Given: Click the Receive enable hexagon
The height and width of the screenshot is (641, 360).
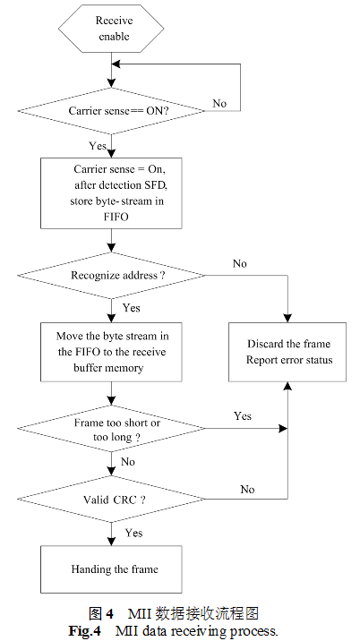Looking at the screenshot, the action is pos(111,29).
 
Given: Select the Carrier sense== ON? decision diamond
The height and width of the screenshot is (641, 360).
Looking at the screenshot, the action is pos(111,111).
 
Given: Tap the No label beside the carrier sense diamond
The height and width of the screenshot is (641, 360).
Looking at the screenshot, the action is pos(219,104).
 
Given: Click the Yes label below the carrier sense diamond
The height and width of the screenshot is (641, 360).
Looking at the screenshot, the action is pos(98,146).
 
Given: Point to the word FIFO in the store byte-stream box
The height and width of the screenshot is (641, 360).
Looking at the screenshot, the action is pos(116,217).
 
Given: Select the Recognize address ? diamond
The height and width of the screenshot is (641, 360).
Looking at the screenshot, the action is pos(111,275).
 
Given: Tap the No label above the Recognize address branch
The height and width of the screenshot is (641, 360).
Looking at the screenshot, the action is pos(240,264).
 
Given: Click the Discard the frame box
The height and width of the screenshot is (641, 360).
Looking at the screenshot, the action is pos(287,352).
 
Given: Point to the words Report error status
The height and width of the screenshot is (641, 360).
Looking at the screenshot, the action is pos(289,360).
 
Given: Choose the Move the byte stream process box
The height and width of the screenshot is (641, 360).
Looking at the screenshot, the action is pos(111,352).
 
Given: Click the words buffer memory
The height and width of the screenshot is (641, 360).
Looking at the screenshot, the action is pos(109,368).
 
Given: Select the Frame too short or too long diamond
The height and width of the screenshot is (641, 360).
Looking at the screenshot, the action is pos(111,429).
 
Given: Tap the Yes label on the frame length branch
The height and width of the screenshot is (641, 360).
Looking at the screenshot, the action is pos(243,416).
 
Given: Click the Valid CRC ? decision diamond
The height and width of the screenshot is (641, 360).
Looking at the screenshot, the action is pos(111,500).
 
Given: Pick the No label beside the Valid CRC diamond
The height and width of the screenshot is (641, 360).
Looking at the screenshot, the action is pos(247,490).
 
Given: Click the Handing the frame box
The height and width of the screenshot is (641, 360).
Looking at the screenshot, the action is pos(111,569).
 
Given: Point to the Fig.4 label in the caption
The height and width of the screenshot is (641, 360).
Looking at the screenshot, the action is pos(85,630).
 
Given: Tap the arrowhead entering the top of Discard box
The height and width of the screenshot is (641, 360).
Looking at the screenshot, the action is pos(287,318).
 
